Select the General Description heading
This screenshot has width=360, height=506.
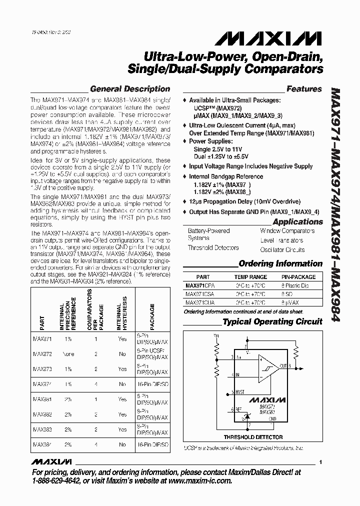tap(130, 89)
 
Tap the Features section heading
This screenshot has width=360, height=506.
tap(304, 89)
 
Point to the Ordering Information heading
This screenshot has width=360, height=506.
tap(280, 263)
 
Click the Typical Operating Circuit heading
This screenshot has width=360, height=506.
tap(272, 322)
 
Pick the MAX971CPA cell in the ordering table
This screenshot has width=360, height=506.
tap(200, 285)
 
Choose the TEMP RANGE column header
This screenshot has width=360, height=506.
tap(250, 277)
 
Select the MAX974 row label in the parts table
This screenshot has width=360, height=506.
tap(42, 384)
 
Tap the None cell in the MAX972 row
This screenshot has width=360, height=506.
tap(68, 354)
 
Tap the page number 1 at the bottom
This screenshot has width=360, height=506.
tap(320, 462)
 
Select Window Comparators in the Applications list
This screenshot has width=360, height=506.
tap(287, 231)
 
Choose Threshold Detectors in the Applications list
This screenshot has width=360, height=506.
tap(213, 248)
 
